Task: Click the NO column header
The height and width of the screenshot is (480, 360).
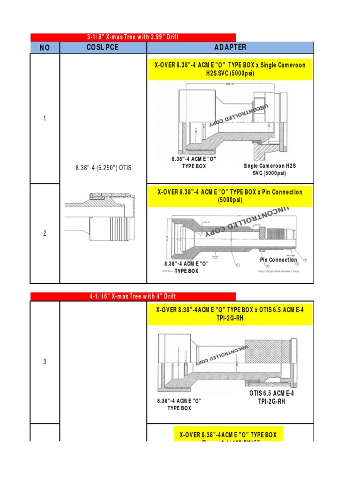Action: point(45,48)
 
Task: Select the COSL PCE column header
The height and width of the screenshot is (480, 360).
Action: point(103,48)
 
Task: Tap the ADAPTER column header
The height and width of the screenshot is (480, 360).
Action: point(230,48)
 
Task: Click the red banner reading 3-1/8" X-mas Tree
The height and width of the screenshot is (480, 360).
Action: point(133,37)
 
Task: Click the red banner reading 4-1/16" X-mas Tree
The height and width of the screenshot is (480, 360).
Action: point(133,296)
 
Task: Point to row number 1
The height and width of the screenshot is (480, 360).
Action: point(45,119)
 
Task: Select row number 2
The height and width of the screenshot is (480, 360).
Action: point(45,233)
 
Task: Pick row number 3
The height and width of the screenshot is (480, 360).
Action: point(45,362)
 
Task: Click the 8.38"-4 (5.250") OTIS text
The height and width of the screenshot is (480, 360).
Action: point(103,168)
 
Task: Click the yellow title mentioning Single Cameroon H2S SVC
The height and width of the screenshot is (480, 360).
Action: point(230,69)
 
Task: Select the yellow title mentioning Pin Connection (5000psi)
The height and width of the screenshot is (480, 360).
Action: point(230,196)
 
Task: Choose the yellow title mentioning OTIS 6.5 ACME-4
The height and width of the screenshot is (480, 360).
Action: point(230,314)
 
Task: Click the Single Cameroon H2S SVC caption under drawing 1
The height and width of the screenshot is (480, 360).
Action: point(264,169)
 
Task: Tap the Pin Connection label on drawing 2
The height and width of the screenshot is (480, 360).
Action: point(278,260)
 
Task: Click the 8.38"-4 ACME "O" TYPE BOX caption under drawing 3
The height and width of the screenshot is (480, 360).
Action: point(179,405)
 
